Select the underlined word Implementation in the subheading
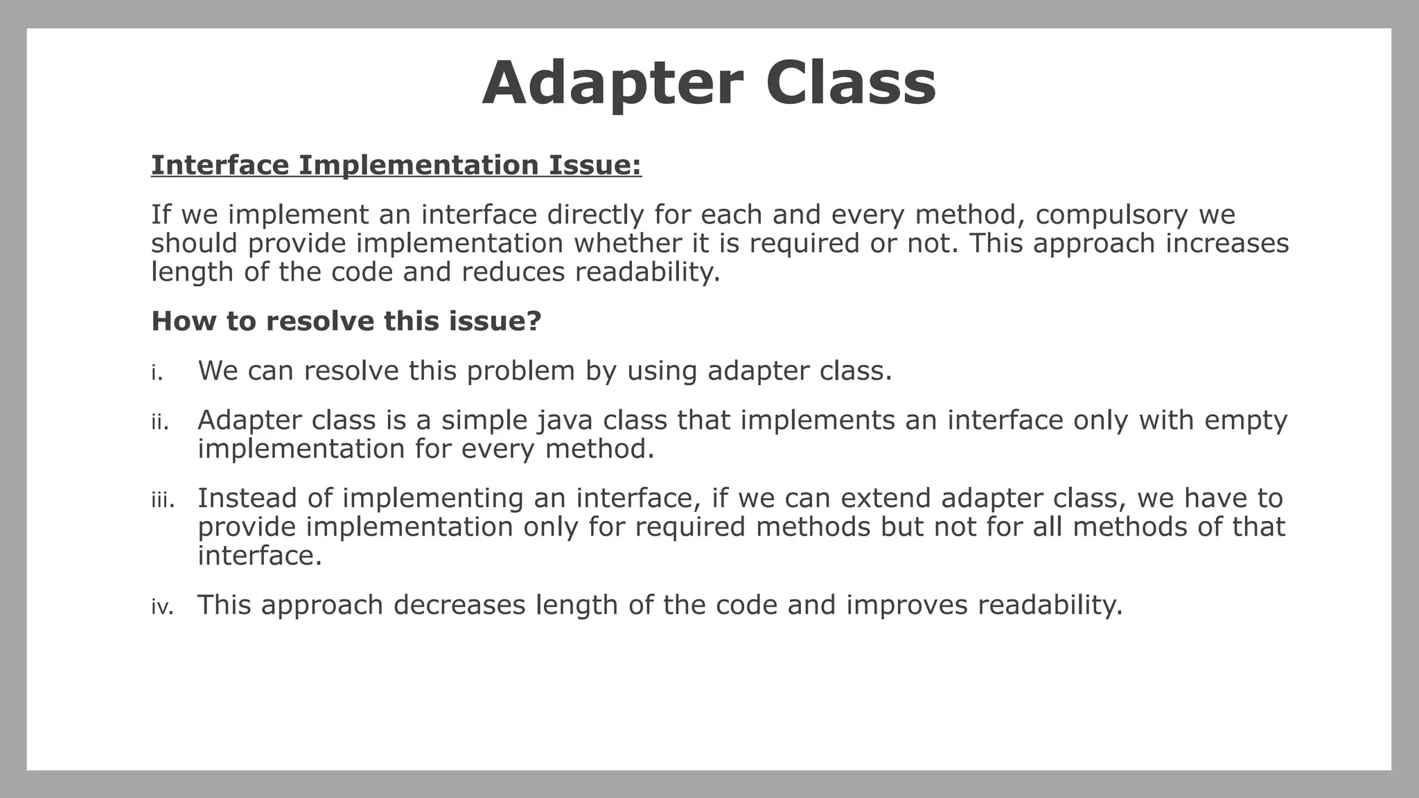tap(418, 166)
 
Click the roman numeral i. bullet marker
tap(157, 373)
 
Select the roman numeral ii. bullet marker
tap(160, 422)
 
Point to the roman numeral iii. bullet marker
tap(163, 500)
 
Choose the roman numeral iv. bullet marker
tap(162, 608)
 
